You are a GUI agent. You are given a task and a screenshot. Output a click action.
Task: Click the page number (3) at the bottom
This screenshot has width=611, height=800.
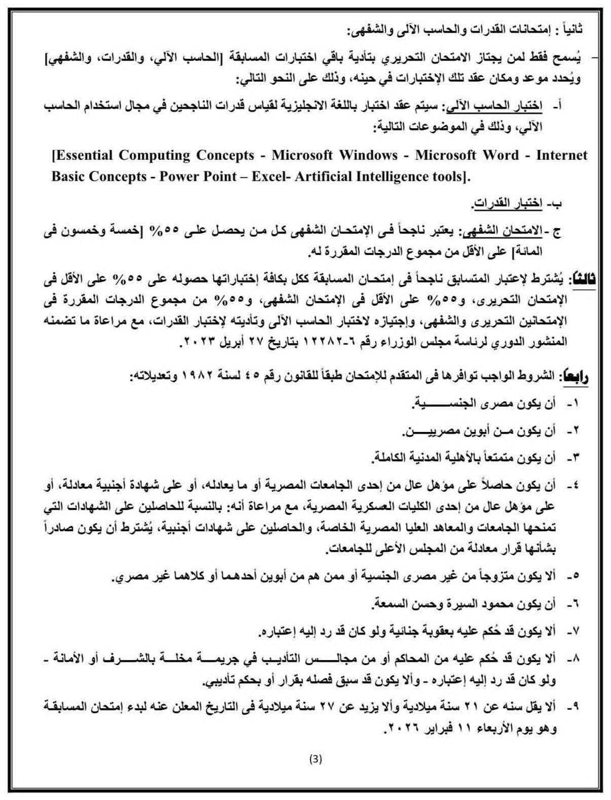(x=315, y=759)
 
